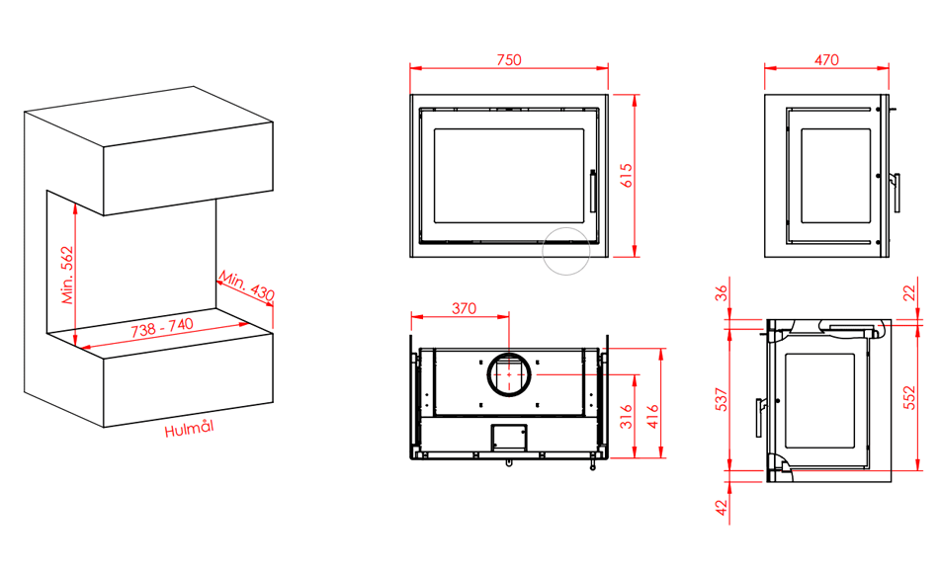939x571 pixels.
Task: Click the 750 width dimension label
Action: (x=509, y=60)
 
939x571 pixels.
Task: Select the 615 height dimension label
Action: (x=627, y=176)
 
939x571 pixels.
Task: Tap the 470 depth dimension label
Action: (x=826, y=60)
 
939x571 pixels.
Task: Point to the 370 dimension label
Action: (x=465, y=308)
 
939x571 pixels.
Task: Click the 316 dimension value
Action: (x=627, y=417)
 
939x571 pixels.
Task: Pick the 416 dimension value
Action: (x=652, y=417)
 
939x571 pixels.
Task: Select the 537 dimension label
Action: (x=722, y=399)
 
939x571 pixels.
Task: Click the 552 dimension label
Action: (x=909, y=397)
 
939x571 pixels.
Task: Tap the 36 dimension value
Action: (x=723, y=293)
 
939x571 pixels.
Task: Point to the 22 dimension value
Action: (x=909, y=293)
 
